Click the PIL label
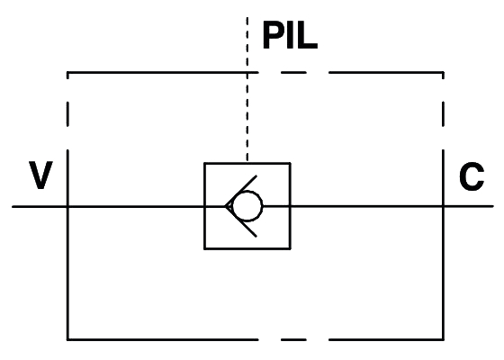(x=290, y=35)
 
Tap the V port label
(x=40, y=175)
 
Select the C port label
(x=472, y=176)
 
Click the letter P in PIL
(x=273, y=35)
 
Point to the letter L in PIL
(x=308, y=35)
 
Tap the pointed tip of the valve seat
(x=226, y=206)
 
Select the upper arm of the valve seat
(x=241, y=191)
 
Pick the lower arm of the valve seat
(x=241, y=221)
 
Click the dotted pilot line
(x=247, y=89)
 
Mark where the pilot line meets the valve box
(x=247, y=163)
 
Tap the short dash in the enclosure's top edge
(x=293, y=73)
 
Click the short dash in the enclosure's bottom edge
(x=293, y=339)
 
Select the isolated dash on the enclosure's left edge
(x=67, y=113)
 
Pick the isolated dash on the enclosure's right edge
(x=443, y=113)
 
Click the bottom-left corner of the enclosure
(x=67, y=339)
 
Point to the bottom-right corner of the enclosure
(x=443, y=339)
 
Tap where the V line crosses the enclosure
(x=67, y=206)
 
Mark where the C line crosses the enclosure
(x=443, y=206)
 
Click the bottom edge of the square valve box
(x=247, y=248)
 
